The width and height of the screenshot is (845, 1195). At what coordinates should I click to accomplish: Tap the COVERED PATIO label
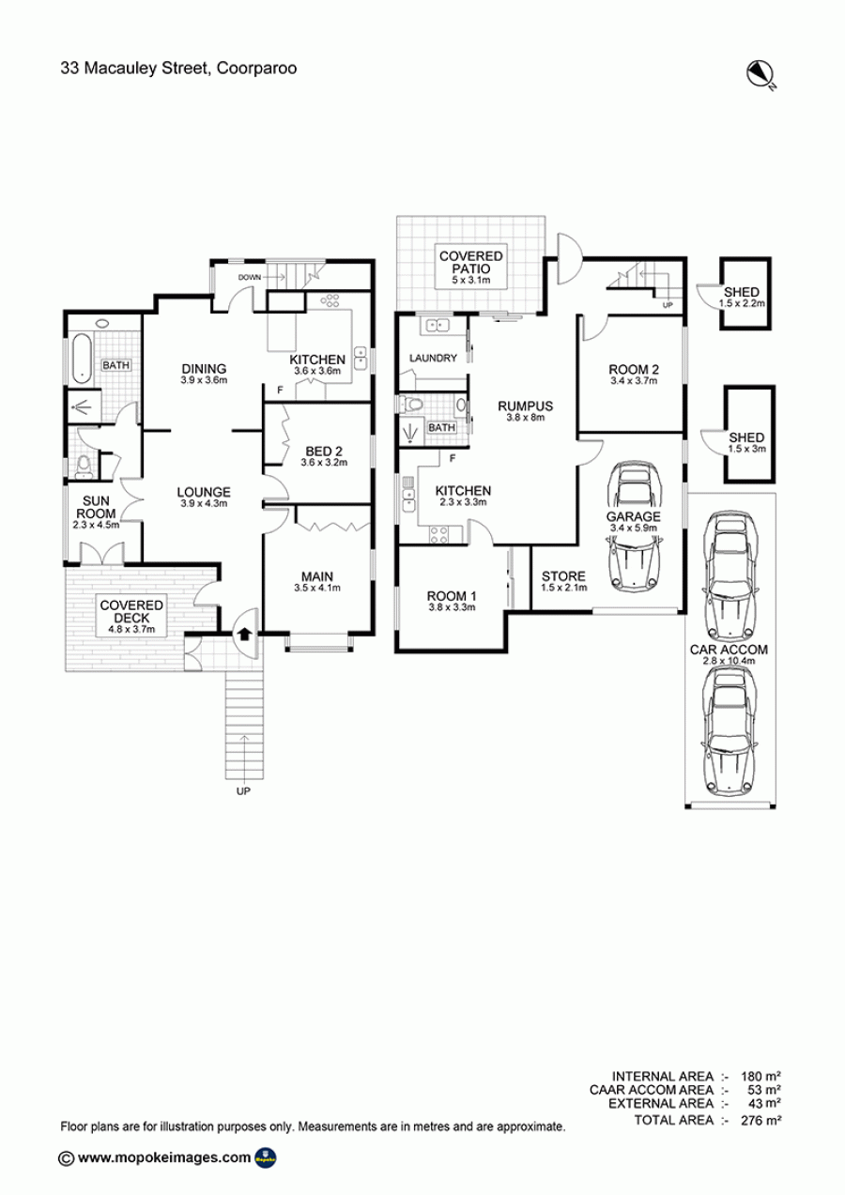[471, 263]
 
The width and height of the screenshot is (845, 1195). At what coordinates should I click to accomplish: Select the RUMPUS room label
[526, 406]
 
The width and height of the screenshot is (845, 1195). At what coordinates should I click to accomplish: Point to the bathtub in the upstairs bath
[81, 359]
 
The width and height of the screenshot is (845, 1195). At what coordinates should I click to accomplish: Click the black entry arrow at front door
[244, 634]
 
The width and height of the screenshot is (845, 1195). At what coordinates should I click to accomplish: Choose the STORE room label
[563, 576]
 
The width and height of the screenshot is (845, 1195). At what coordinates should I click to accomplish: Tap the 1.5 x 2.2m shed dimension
[742, 303]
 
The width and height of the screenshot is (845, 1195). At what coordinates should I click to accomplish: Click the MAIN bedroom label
[317, 576]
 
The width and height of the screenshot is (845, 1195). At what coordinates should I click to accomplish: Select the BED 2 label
[324, 452]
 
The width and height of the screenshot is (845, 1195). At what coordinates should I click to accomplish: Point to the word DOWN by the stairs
[250, 278]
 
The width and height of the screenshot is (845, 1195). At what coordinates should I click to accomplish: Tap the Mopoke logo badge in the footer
[266, 1158]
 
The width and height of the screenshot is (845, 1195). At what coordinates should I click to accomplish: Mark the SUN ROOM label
[96, 507]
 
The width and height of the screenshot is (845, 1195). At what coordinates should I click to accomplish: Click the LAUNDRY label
[433, 358]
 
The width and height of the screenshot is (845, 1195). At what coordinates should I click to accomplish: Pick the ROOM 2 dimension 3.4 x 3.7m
[634, 381]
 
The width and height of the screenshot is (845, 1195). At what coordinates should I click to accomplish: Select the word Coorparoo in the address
[256, 69]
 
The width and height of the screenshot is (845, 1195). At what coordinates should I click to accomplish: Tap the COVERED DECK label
[131, 611]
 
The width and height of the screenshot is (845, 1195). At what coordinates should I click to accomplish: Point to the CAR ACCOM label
[729, 650]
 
